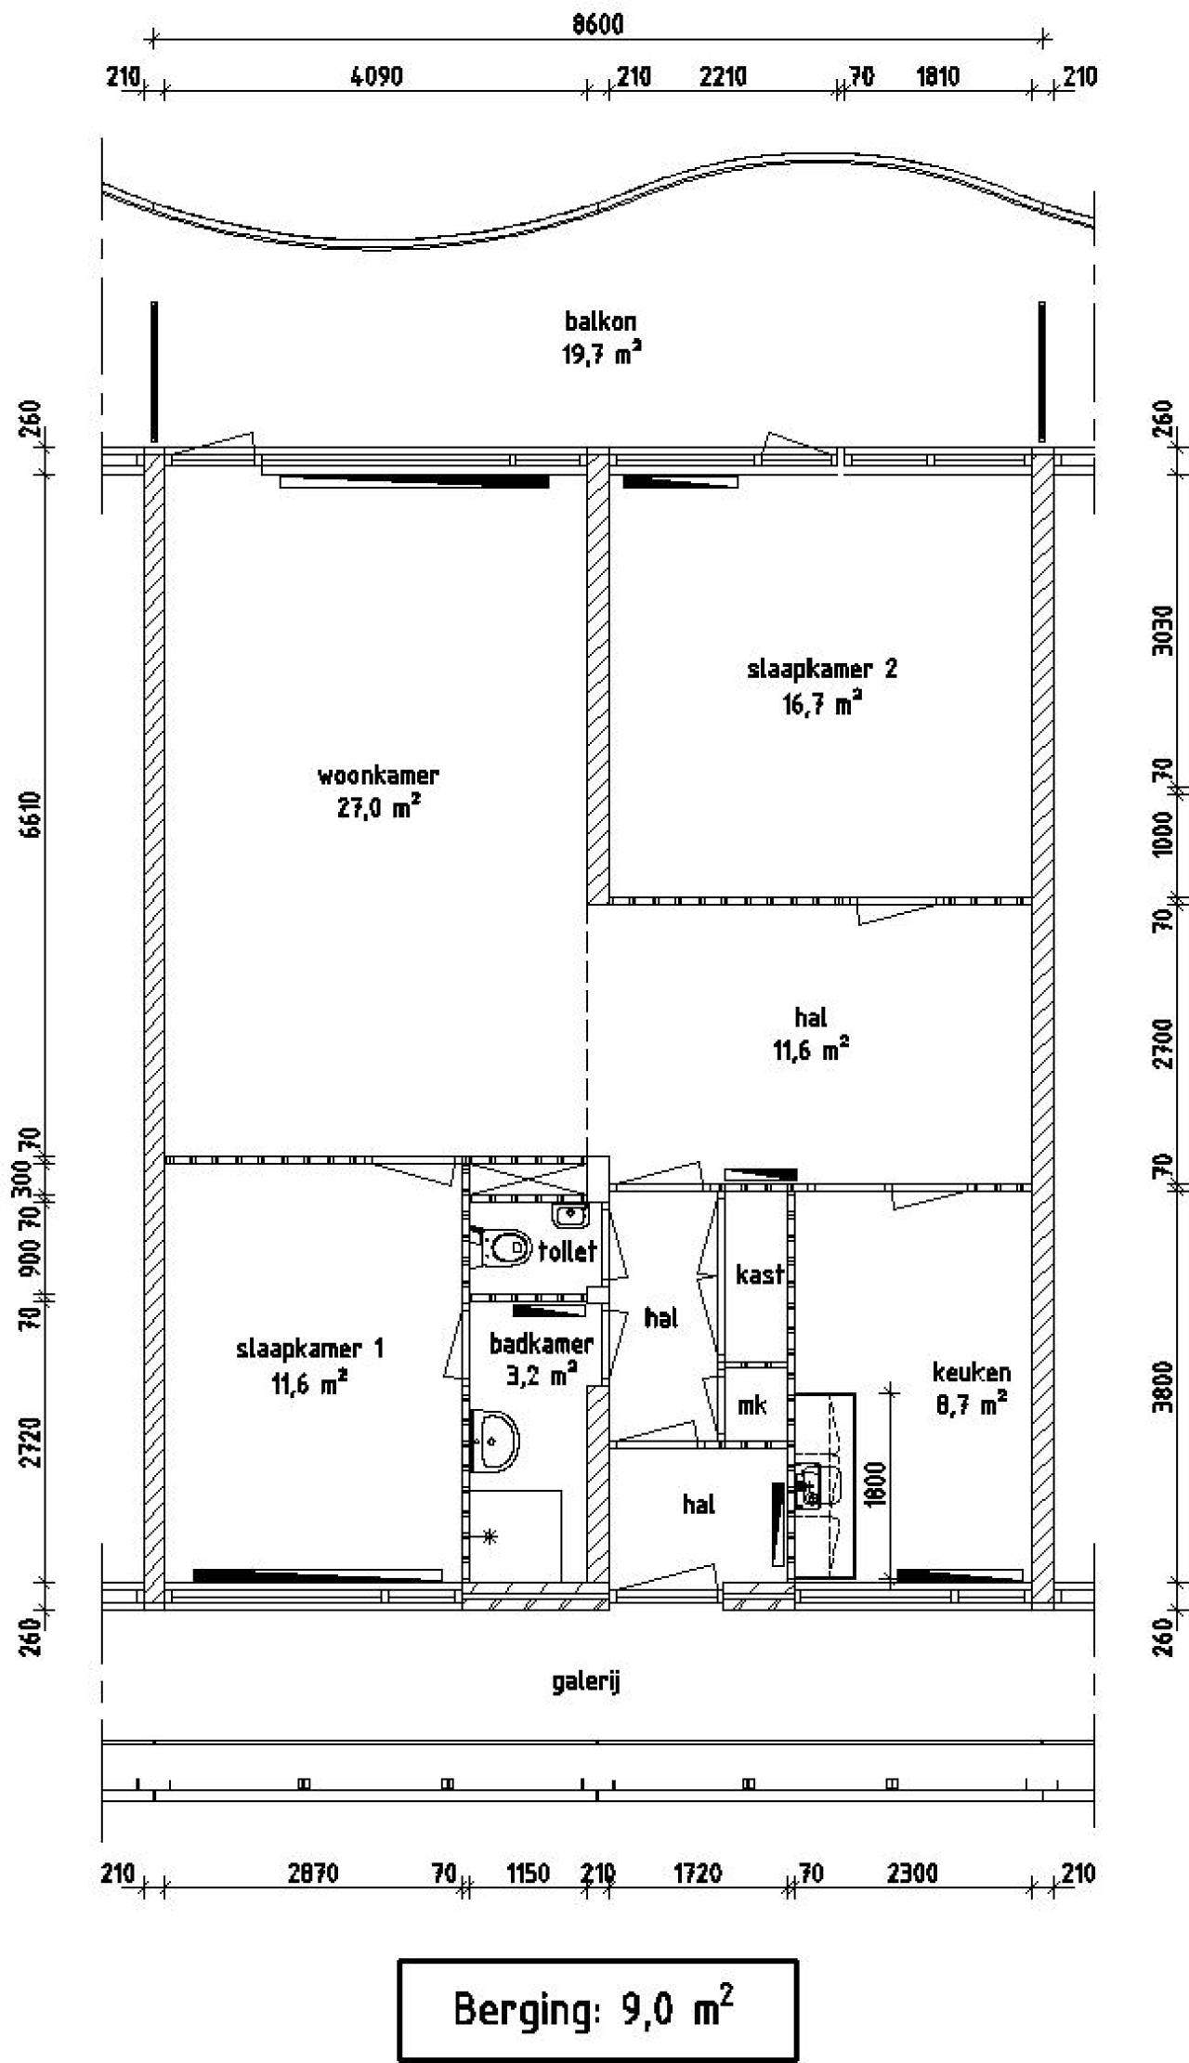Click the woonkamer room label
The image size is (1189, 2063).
(x=378, y=775)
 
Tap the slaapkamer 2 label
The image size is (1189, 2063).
(x=822, y=669)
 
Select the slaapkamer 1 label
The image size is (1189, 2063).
(x=309, y=1348)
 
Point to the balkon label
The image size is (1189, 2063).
(x=601, y=321)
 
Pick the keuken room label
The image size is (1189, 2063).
(x=972, y=1372)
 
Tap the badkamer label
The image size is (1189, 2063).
(x=542, y=1343)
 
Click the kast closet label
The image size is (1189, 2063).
(x=760, y=1274)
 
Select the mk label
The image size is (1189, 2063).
(x=751, y=1405)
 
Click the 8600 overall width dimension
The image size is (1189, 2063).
(x=596, y=24)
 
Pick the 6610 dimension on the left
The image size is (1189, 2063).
(x=33, y=815)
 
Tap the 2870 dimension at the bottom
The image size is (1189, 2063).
(x=312, y=1874)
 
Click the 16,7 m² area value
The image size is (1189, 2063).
(x=821, y=703)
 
